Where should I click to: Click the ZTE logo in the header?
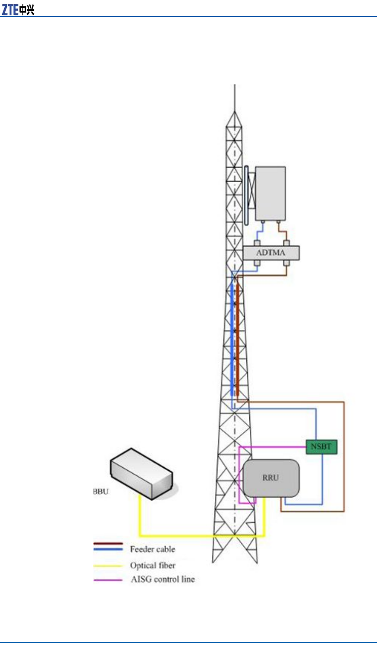pos(18,9)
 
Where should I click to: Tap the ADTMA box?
pos(271,253)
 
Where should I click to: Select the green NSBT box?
pos(321,447)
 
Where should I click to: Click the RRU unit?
pos(271,478)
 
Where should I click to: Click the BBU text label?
pos(101,491)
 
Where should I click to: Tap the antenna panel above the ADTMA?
pos(270,193)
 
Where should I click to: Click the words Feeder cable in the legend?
pos(153,549)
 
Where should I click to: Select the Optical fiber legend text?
pos(153,565)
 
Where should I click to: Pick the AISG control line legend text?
pos(163,580)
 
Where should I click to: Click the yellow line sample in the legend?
pos(108,566)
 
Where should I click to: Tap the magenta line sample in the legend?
pos(108,580)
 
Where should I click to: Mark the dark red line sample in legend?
pos(108,543)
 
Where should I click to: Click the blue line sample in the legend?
pos(108,549)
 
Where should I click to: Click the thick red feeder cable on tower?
pos(237,337)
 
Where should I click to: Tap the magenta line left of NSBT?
pos(272,447)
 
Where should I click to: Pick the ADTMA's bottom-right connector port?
pos(286,263)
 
